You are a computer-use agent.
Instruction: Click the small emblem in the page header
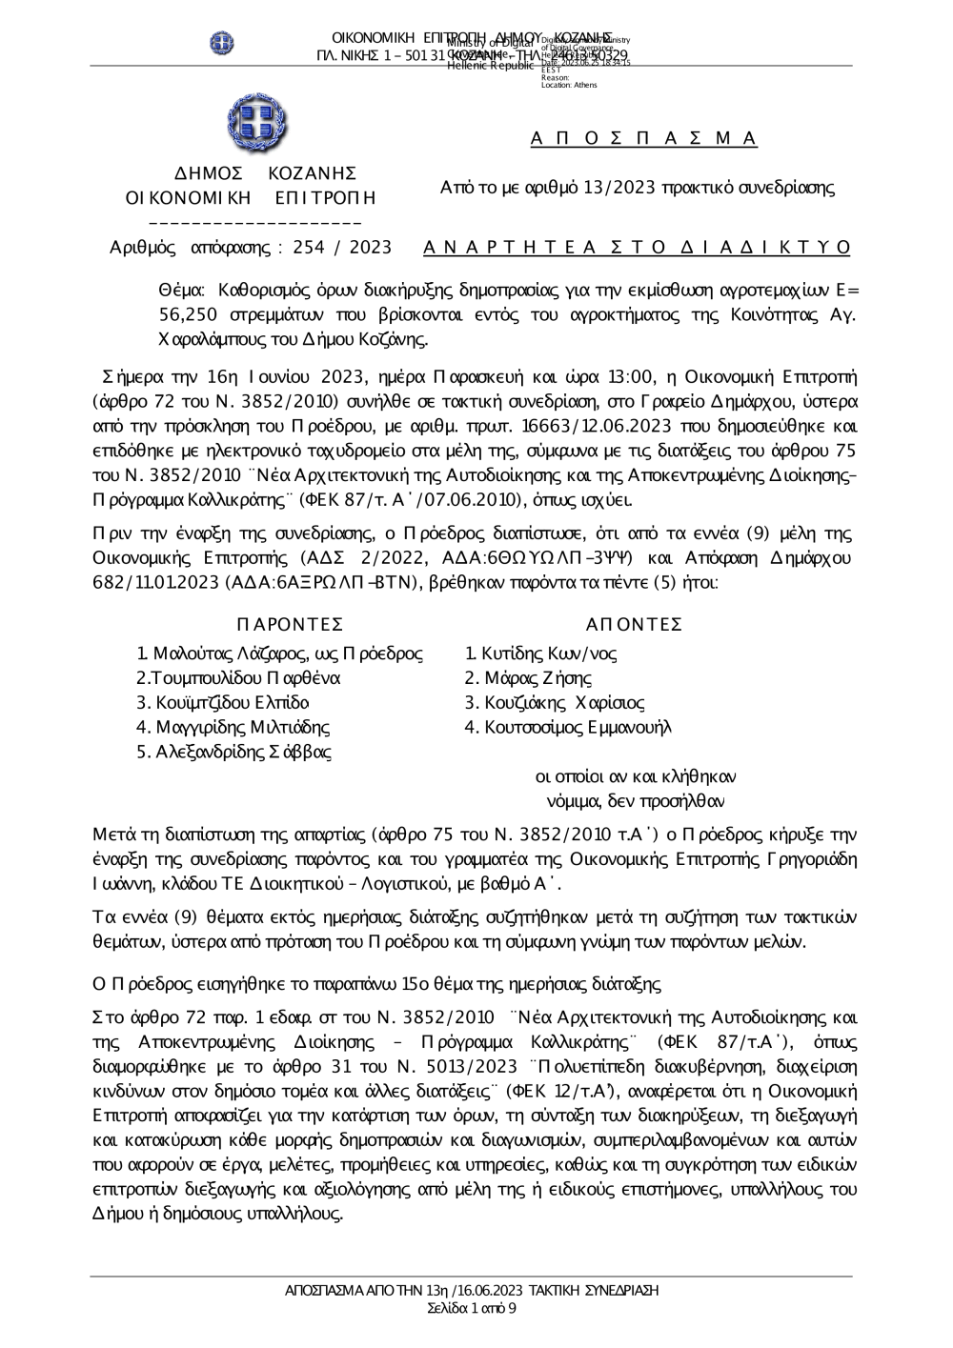(x=222, y=43)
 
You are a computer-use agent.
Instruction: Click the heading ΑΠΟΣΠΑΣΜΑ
(x=643, y=139)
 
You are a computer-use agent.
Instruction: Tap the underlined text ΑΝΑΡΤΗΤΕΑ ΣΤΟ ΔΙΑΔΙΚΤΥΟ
(x=637, y=248)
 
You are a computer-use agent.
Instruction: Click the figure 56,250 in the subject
(x=185, y=314)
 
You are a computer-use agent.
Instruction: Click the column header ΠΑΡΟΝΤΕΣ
(x=289, y=625)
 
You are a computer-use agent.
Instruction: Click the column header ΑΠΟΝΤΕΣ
(x=634, y=625)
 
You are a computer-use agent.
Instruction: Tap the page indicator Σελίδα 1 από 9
(x=472, y=1308)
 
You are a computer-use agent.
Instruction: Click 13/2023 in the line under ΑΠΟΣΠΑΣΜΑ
(x=622, y=188)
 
